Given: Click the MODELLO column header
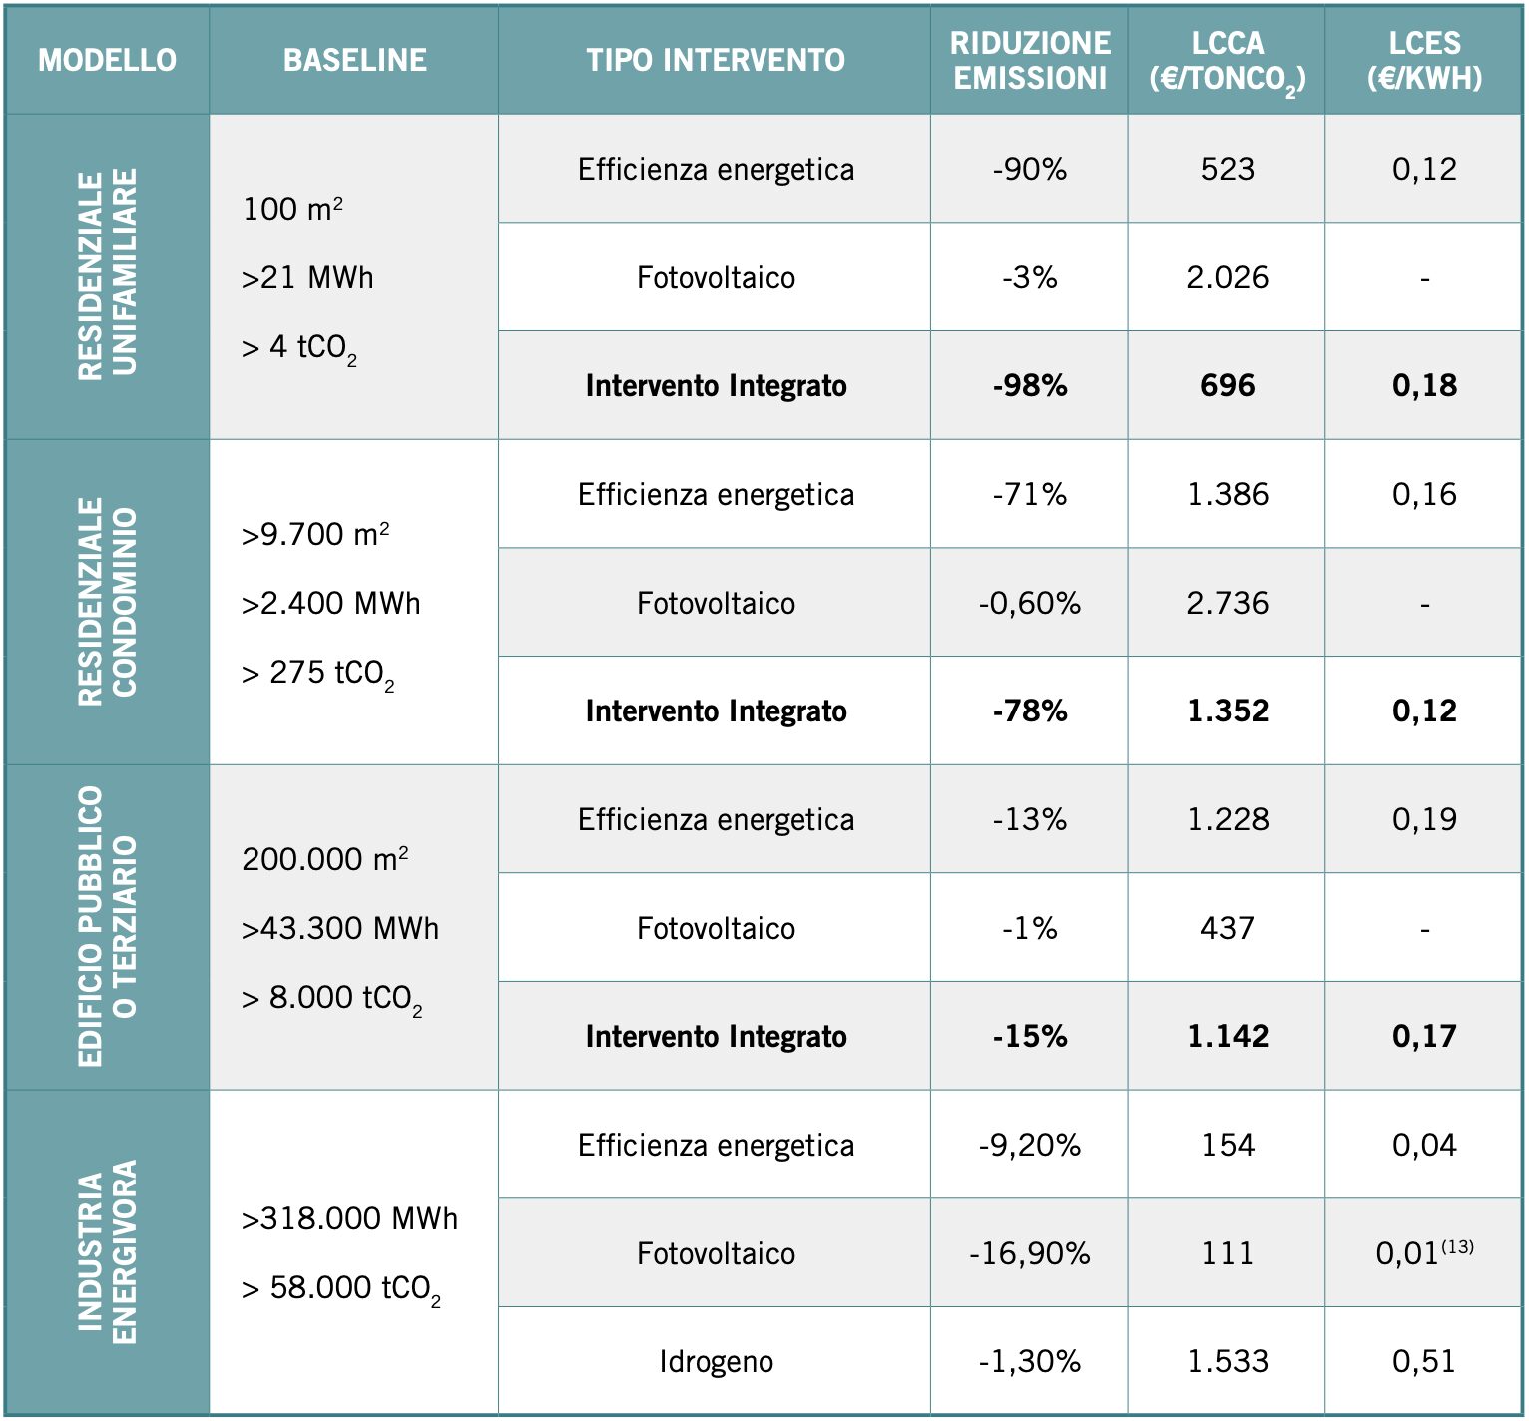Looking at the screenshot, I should tap(107, 60).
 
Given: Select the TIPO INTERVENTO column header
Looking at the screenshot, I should tap(715, 60).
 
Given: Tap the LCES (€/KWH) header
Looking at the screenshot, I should tap(1424, 60).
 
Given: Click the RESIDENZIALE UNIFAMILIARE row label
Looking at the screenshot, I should tap(107, 275).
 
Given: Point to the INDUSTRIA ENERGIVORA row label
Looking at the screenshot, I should tap(107, 1252).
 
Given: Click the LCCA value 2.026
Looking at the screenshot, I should tap(1227, 277).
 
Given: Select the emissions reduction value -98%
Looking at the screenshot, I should tap(1029, 385).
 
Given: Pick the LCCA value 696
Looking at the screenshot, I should tap(1227, 385).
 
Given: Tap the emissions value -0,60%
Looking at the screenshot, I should tap(1029, 603).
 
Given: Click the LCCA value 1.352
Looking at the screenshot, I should tap(1227, 710).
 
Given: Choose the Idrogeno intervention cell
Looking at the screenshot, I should tap(715, 1361).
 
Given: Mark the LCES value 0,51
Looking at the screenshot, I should tap(1424, 1361).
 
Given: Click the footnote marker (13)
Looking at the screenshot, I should tap(1457, 1246).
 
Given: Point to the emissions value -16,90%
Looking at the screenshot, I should tap(1029, 1253).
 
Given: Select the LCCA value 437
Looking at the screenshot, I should tap(1227, 928).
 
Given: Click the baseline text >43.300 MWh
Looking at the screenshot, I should tap(339, 928).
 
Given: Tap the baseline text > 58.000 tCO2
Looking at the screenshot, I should tap(340, 1288).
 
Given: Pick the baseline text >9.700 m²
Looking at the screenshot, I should tap(314, 535).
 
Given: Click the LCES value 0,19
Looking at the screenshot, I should tap(1424, 819).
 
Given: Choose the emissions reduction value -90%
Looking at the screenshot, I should tap(1029, 169).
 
